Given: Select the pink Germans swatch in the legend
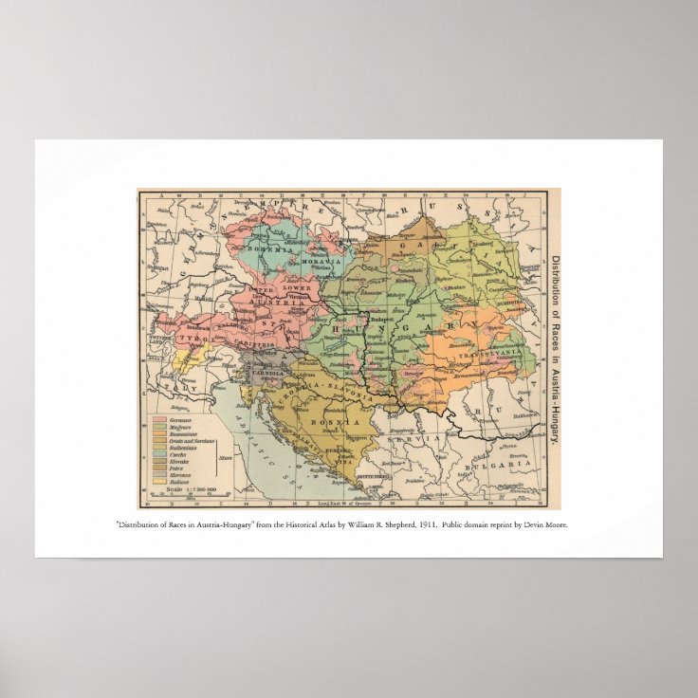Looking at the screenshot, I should click(157, 418).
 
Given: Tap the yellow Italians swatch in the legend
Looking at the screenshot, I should click(157, 480).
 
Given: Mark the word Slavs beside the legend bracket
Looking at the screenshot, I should click(225, 458).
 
